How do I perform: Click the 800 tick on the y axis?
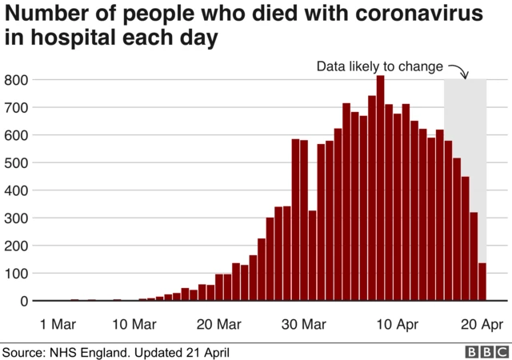click(x=17, y=80)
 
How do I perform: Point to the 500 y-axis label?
click(x=17, y=163)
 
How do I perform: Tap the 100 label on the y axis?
click(x=17, y=274)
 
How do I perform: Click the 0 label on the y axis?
click(x=25, y=302)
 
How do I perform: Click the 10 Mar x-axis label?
click(x=133, y=324)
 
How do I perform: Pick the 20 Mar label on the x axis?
click(x=218, y=324)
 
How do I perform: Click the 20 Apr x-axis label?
click(x=480, y=324)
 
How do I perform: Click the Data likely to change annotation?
click(x=380, y=66)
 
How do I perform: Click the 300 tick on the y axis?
click(x=17, y=218)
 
